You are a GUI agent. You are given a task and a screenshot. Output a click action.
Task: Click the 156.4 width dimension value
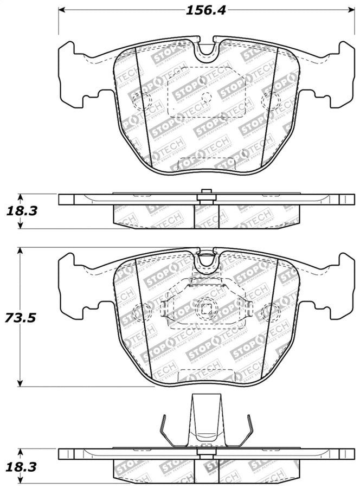(203, 10)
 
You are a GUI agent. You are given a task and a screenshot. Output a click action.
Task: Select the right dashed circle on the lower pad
(269, 312)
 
